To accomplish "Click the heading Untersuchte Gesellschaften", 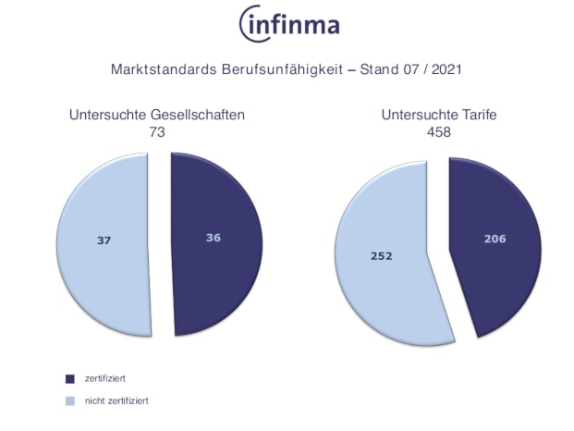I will tap(157, 116).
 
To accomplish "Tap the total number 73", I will tap(157, 132).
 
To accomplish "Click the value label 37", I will tap(104, 240).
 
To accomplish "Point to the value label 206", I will tap(495, 239).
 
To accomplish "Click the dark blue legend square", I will tap(69, 378).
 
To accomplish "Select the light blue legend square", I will tap(69, 400).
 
